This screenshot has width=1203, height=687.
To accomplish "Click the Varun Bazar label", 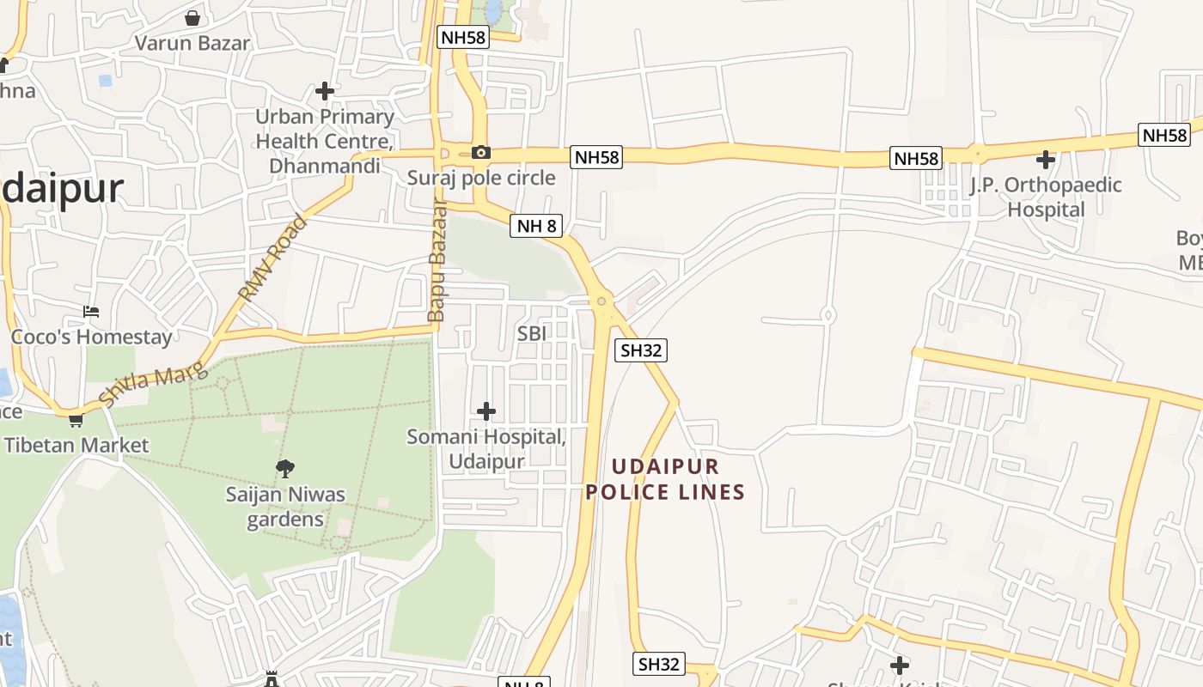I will click(x=192, y=43).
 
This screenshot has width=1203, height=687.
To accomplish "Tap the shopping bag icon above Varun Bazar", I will click(x=192, y=18).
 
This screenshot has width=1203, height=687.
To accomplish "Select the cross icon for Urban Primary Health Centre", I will click(x=325, y=90).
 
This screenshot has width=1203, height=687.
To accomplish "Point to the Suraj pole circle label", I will click(x=481, y=179).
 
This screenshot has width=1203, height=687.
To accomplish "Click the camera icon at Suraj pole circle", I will click(x=481, y=153).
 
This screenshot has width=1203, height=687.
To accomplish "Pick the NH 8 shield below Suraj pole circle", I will click(x=536, y=226).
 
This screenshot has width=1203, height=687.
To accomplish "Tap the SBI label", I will click(x=532, y=333).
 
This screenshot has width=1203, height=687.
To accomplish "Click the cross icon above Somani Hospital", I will click(x=486, y=411).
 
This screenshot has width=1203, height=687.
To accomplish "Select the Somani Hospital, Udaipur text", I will click(x=486, y=448).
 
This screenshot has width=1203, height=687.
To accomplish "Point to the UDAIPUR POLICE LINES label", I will click(x=665, y=479).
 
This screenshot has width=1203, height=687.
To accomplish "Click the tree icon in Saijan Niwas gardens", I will click(x=285, y=469).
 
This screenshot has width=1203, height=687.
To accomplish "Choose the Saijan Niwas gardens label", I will click(x=285, y=507).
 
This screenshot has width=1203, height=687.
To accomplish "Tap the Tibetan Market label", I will click(x=76, y=445).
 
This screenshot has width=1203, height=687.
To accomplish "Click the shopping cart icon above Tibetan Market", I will click(x=76, y=420).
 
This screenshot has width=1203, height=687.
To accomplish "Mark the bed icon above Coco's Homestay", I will click(x=91, y=311).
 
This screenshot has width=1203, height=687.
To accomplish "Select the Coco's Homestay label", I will click(x=91, y=337).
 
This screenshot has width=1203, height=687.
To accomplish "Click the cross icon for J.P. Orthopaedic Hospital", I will click(x=1045, y=160).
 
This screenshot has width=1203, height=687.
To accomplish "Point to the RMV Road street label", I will click(x=272, y=258).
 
